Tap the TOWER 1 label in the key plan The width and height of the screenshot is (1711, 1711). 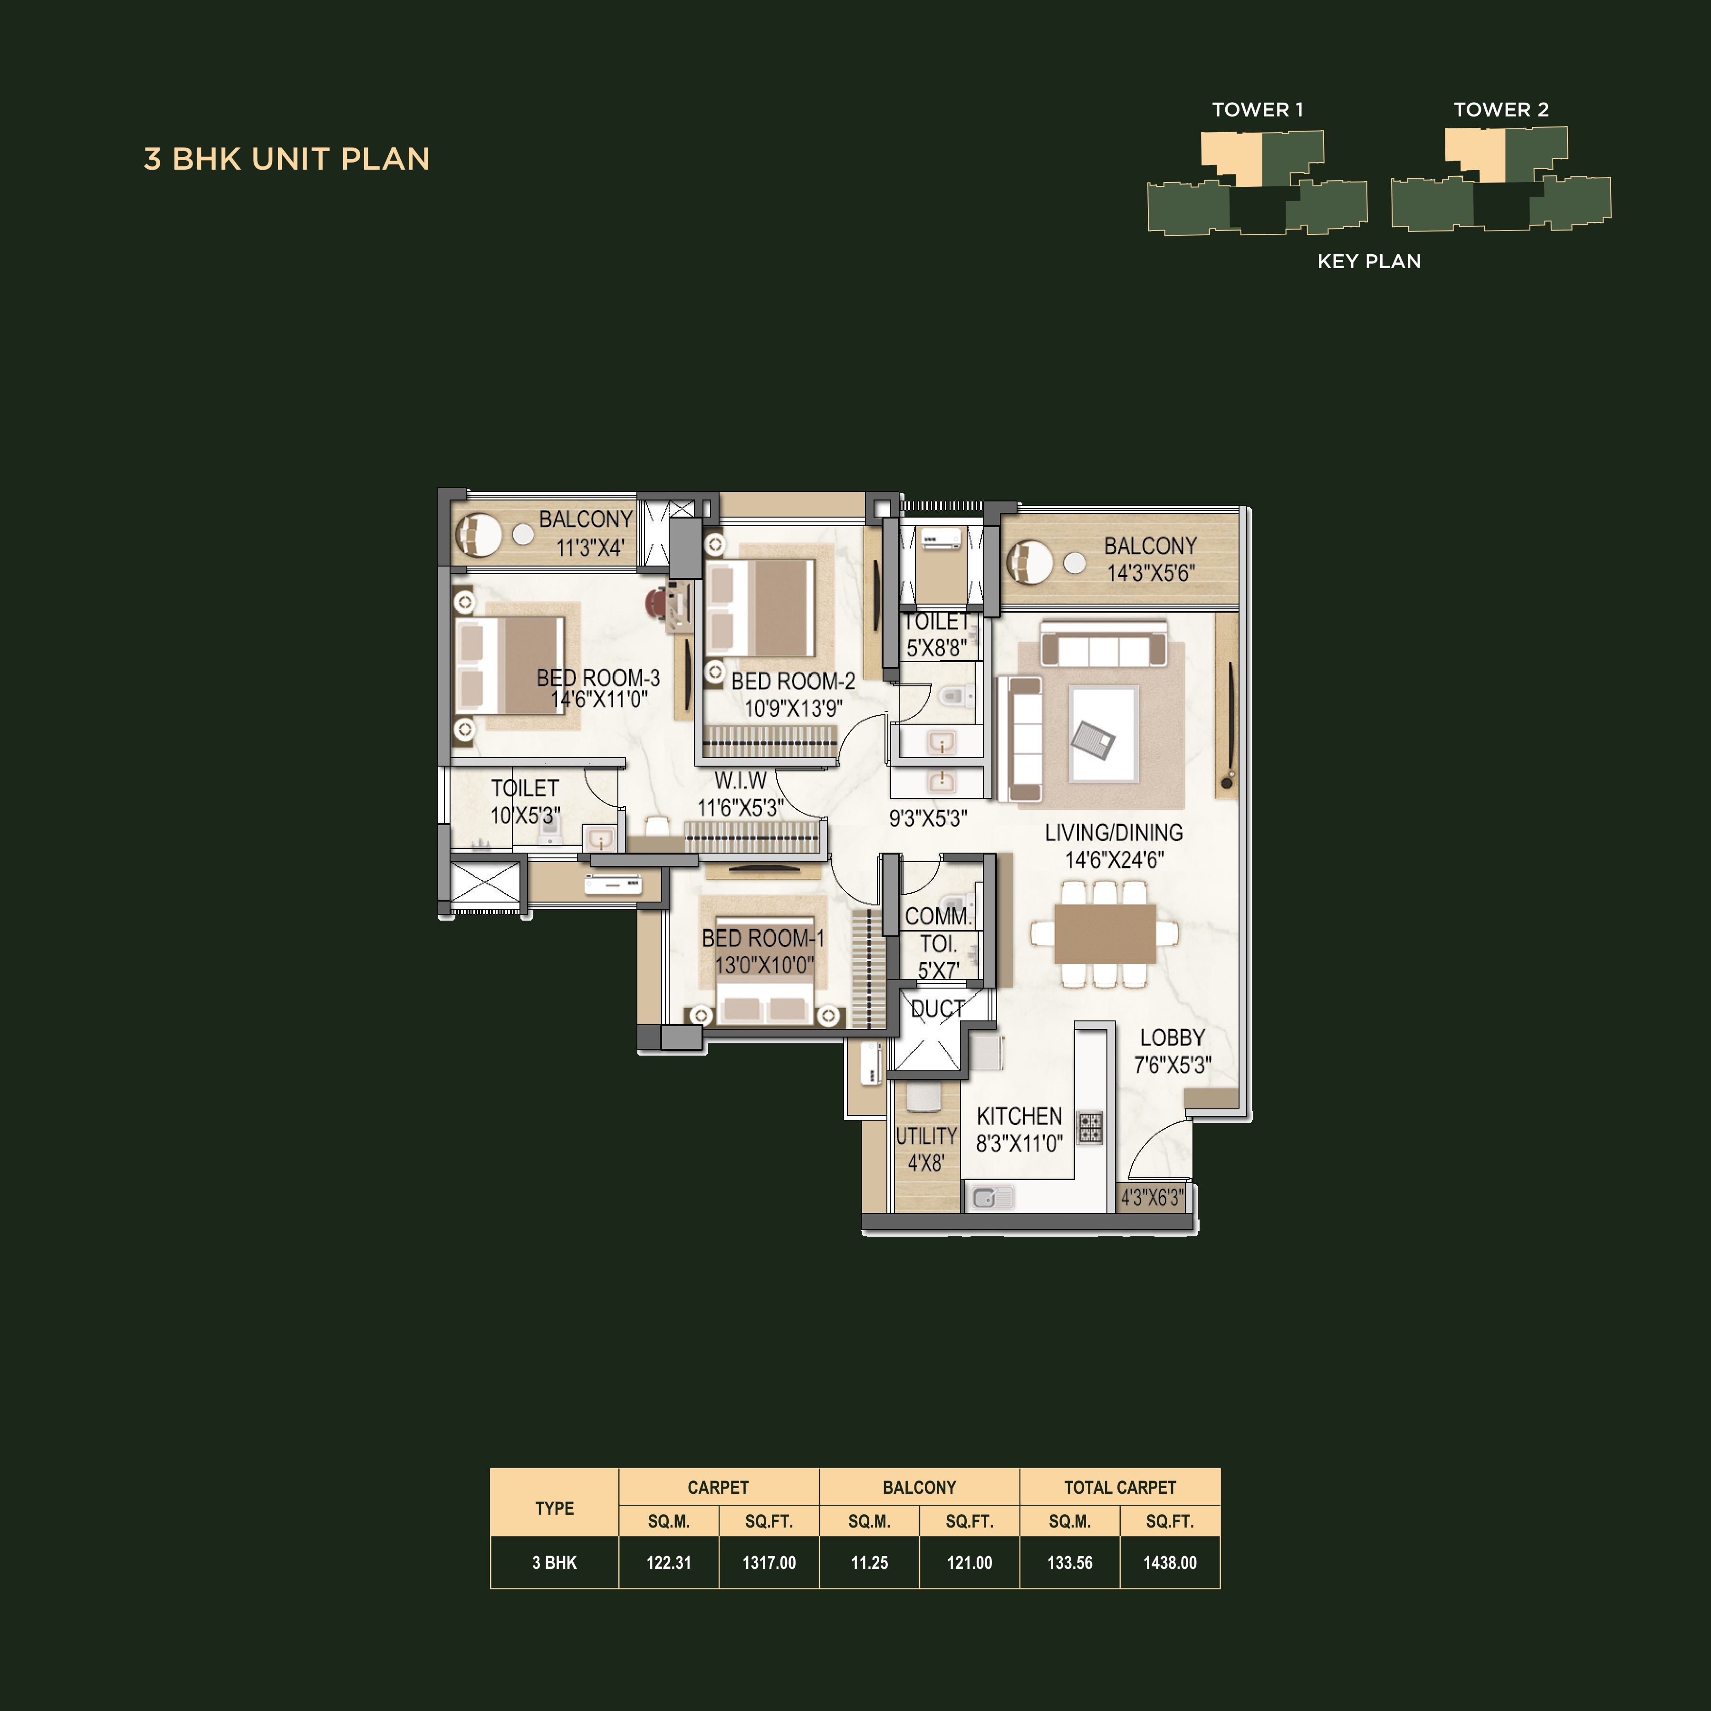point(1257,110)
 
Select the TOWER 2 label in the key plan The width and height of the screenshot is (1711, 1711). point(1500,110)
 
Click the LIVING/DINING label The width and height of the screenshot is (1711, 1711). point(1113,833)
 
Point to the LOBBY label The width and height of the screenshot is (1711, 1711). point(1172,1038)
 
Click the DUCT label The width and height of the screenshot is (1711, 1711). point(937,1009)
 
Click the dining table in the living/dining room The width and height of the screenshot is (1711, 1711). point(1105,933)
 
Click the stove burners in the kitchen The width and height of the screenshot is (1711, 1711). point(1089,1127)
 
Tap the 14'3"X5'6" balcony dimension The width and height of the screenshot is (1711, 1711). point(1150,573)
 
